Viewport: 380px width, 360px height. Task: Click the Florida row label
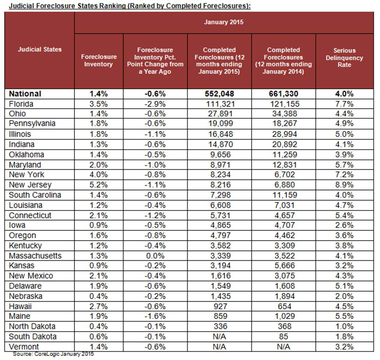point(21,104)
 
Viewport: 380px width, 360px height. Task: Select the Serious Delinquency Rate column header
point(344,57)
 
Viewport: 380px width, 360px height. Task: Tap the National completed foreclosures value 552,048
point(219,94)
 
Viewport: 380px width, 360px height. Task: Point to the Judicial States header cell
point(40,49)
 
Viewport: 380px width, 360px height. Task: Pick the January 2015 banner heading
point(224,22)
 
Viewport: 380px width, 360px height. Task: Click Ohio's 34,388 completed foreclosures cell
point(283,114)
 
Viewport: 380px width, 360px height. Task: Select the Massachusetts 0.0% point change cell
point(155,256)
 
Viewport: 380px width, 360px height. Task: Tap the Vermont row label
point(24,347)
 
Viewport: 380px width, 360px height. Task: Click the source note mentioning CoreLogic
point(53,354)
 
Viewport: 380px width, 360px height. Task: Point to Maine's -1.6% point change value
point(155,316)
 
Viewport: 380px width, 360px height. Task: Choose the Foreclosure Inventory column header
point(98,60)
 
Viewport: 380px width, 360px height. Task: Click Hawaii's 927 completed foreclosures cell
point(219,306)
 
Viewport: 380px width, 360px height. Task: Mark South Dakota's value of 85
point(283,337)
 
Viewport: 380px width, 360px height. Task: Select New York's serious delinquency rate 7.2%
point(344,175)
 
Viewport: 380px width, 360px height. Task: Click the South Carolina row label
point(35,195)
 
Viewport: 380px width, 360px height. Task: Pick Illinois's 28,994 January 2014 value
point(283,134)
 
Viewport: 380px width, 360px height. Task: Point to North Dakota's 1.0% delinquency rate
point(344,326)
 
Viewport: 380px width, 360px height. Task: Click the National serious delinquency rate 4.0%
point(344,94)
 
